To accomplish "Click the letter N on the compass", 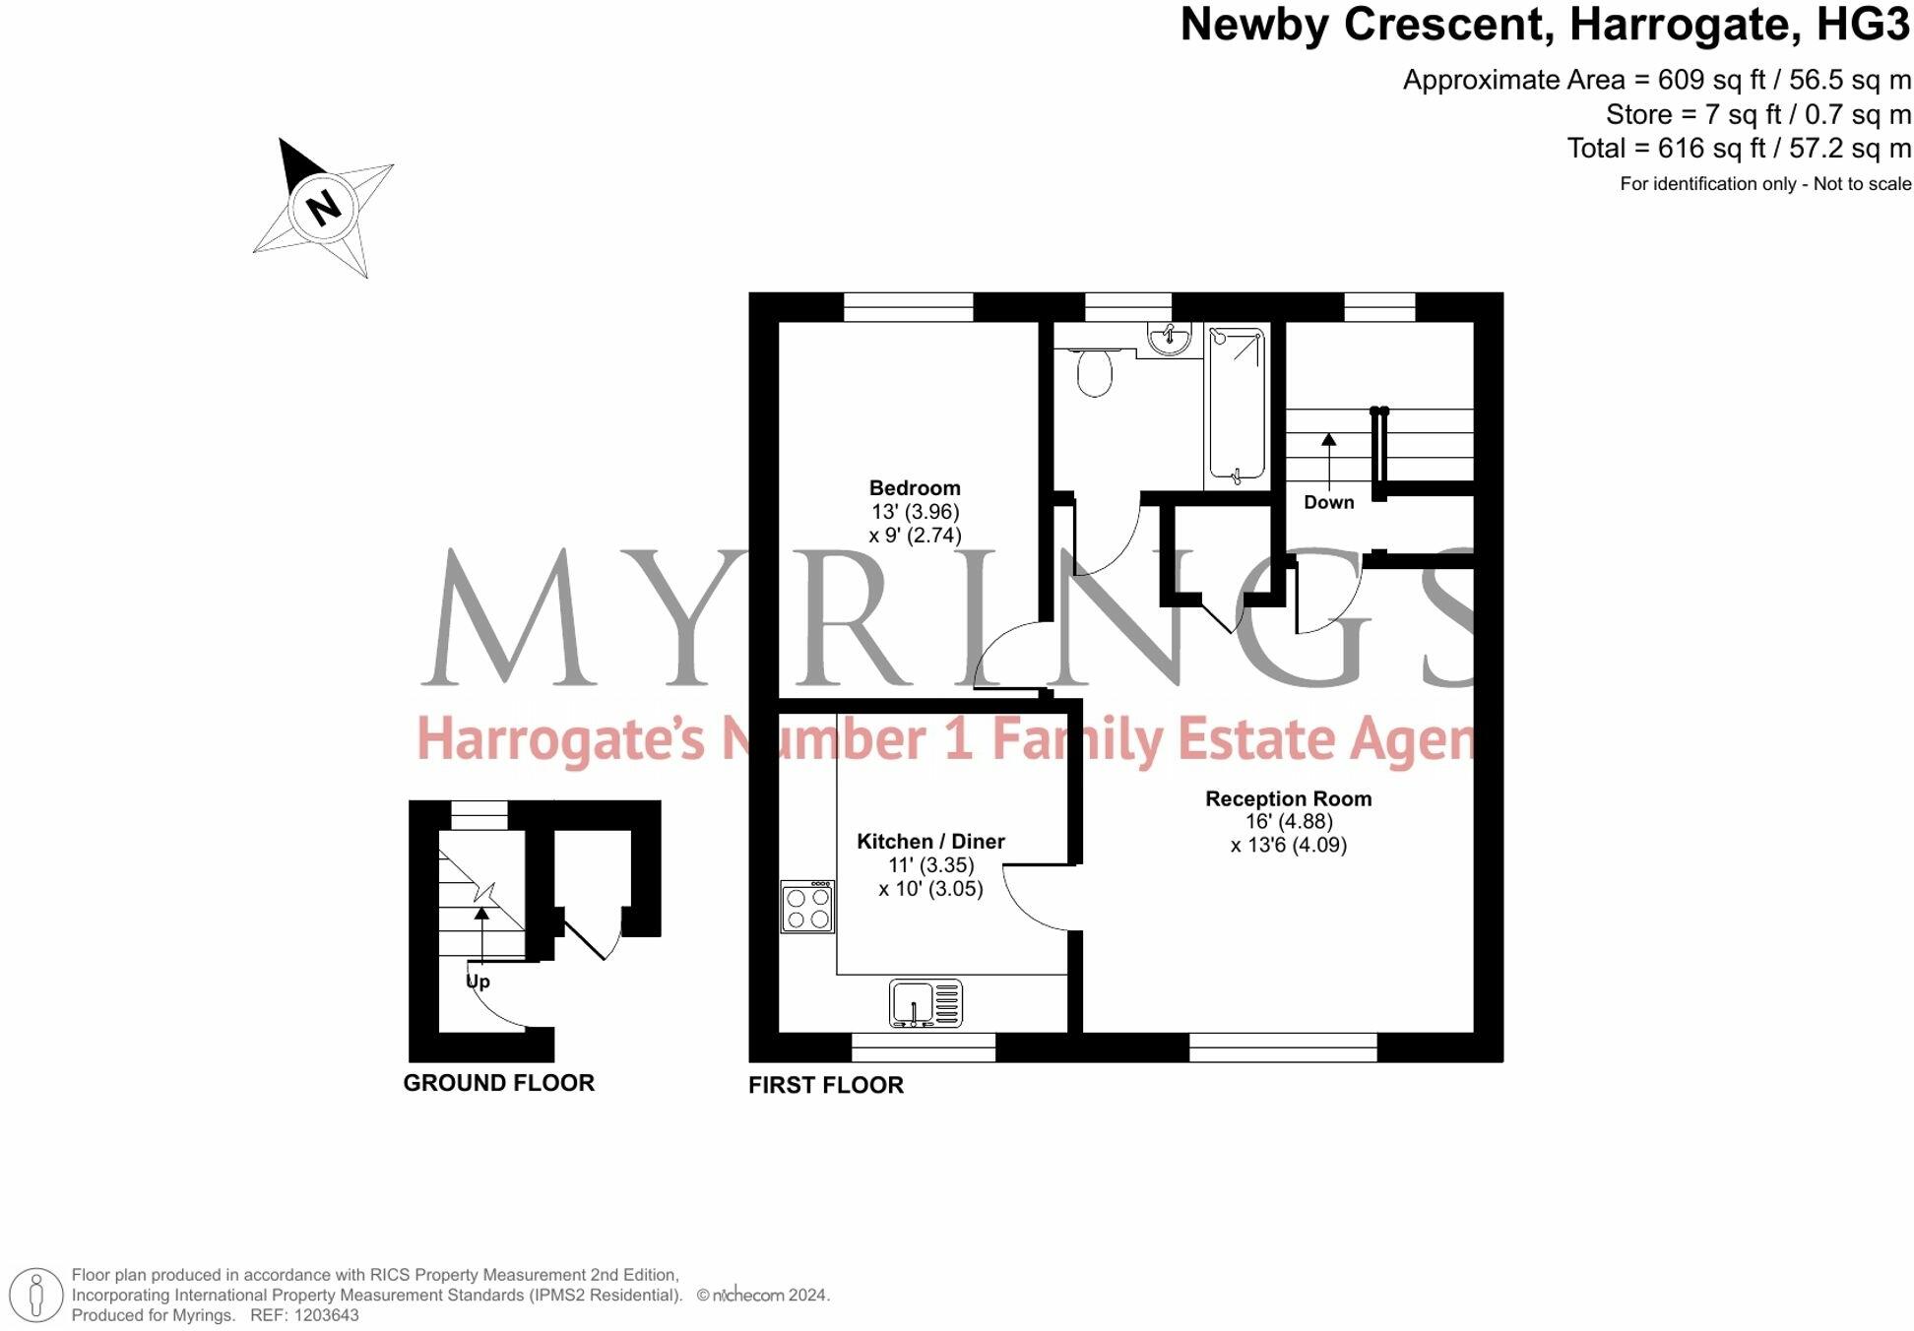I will click(323, 208).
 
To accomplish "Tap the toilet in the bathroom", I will click(1094, 372).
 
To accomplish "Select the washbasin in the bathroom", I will click(1169, 339).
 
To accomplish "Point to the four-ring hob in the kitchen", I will click(807, 907).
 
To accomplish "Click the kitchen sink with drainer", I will click(925, 1003).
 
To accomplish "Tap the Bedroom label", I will click(914, 488).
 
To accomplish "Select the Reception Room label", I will click(1288, 798).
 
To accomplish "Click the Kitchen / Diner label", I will click(930, 842).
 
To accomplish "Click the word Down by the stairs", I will click(1328, 502).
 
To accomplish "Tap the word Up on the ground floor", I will click(478, 982).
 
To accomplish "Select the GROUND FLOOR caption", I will click(498, 1083).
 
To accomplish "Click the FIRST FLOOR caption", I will click(825, 1085).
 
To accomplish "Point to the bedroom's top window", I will click(908, 307).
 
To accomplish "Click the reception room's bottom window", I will click(1282, 1047).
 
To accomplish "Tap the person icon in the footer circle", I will click(37, 1295).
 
